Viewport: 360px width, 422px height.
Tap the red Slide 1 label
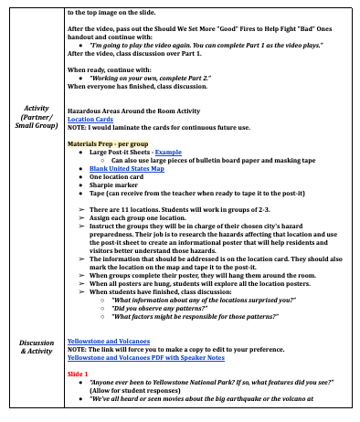point(78,375)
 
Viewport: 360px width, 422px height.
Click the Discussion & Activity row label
point(37,349)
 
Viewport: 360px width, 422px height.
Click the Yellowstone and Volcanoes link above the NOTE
point(109,342)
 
